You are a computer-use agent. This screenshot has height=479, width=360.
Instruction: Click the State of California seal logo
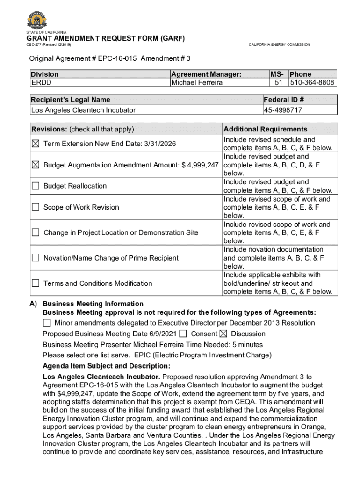[x=37, y=20]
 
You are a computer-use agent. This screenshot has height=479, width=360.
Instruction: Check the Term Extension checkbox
[x=36, y=144]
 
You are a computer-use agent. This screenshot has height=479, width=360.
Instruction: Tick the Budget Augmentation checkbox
[x=36, y=165]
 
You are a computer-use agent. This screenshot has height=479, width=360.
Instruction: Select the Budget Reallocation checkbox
[x=36, y=186]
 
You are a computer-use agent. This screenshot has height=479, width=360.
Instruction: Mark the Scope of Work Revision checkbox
[x=36, y=207]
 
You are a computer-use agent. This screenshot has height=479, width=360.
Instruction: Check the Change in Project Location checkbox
[x=36, y=232]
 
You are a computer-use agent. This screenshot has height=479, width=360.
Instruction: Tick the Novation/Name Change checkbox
[x=36, y=258]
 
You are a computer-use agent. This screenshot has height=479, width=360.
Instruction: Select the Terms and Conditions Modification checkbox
[x=36, y=283]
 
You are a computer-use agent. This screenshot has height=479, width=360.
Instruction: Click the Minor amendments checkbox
[x=47, y=323]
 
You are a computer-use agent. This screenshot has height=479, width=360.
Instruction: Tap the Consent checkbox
[x=183, y=334]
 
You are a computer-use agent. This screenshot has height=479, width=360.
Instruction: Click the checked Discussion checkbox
[x=223, y=334]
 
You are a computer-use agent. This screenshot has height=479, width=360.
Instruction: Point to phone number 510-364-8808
[x=312, y=83]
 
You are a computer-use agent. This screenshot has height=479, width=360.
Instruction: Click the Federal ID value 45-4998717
[x=282, y=110]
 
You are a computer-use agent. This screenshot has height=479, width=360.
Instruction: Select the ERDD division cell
[x=41, y=83]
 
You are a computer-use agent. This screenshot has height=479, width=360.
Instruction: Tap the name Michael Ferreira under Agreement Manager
[x=197, y=83]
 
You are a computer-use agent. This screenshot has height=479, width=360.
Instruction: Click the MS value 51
[x=280, y=83]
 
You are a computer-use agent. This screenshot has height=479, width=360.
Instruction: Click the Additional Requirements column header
[x=266, y=129]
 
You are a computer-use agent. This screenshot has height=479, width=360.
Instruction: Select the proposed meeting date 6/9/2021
[x=163, y=334]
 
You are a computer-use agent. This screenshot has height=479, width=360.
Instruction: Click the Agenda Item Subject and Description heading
[x=107, y=366]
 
